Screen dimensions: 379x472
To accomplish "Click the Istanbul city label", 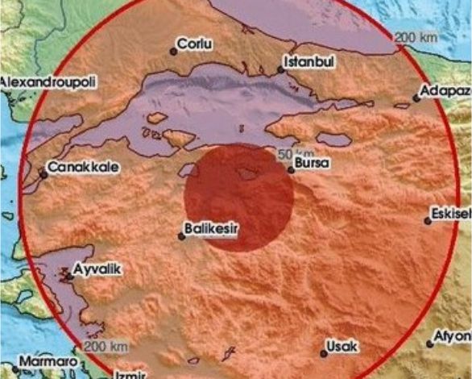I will click(310, 60).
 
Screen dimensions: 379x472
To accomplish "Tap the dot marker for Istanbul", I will click(281, 70).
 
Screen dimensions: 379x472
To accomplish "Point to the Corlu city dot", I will click(172, 52).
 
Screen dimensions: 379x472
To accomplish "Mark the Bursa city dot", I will click(291, 169).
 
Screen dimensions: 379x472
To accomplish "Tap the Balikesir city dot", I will click(181, 236).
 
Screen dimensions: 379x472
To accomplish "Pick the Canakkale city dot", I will click(43, 173).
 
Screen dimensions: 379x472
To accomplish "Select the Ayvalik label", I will click(96, 269).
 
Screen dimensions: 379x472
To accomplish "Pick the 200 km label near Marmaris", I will click(106, 346).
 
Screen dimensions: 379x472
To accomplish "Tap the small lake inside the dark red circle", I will click(248, 172).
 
